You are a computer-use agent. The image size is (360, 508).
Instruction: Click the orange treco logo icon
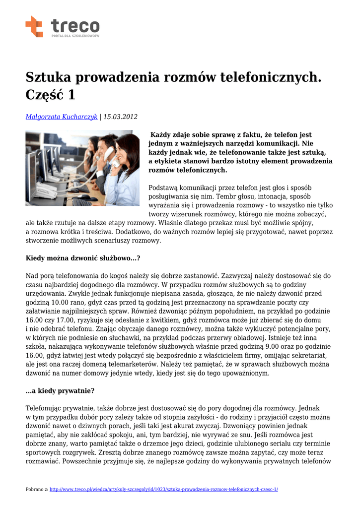click(34, 26)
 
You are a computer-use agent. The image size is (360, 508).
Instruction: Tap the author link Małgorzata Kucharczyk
click(62, 117)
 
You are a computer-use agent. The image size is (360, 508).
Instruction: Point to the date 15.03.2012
click(121, 117)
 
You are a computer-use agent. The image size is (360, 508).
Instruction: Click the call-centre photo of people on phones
click(82, 168)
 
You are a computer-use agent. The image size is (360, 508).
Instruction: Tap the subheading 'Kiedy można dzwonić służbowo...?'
click(83, 258)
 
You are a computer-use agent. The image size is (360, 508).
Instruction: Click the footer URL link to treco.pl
click(164, 489)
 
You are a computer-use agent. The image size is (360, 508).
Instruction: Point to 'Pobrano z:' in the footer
click(37, 489)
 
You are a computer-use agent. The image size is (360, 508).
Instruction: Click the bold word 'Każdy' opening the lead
click(160, 135)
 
